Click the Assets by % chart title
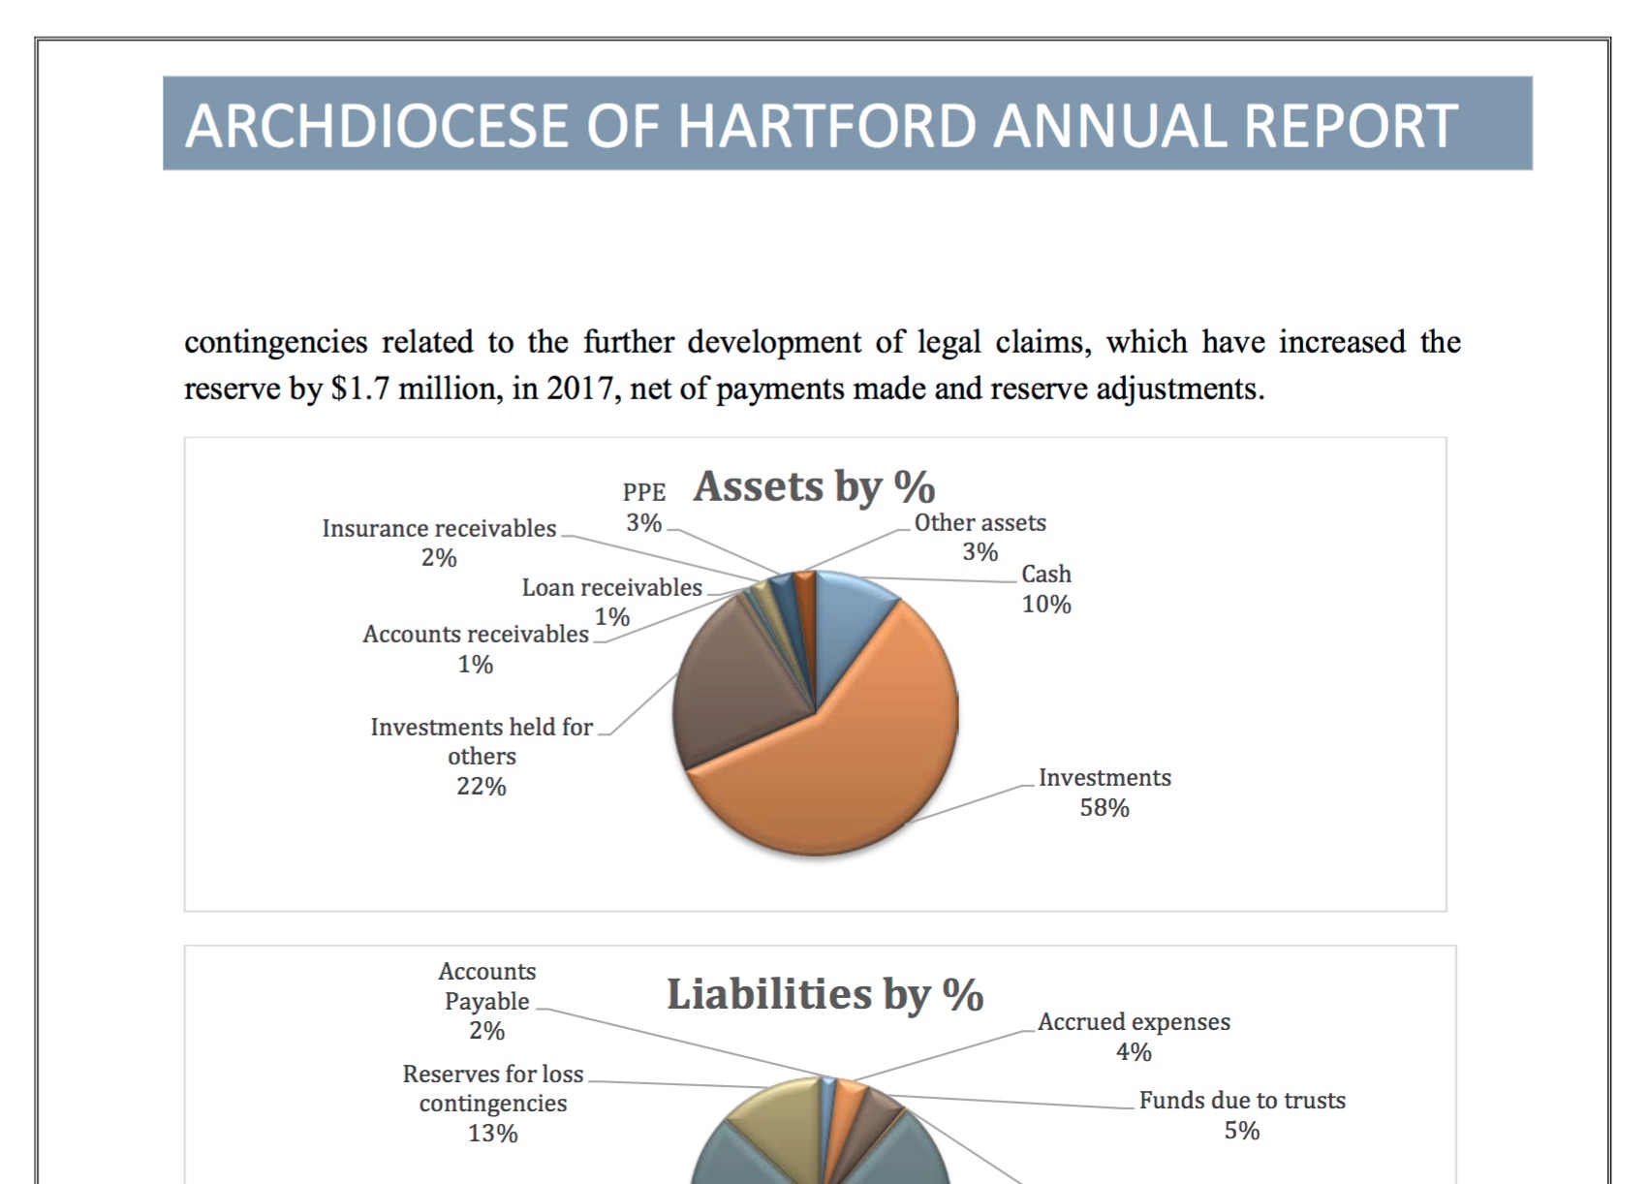(814, 486)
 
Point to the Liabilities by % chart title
(824, 994)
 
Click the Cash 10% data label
(1046, 589)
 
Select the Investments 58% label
(1105, 793)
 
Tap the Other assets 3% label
(980, 537)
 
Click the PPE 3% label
(644, 508)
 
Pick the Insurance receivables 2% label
(439, 543)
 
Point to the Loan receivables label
(611, 588)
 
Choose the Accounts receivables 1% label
(475, 648)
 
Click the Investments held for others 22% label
(482, 756)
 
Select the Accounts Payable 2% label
(486, 1001)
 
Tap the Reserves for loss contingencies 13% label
(493, 1103)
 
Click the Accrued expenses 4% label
(1134, 1037)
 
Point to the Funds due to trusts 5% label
(1242, 1115)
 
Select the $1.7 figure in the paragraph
(360, 389)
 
